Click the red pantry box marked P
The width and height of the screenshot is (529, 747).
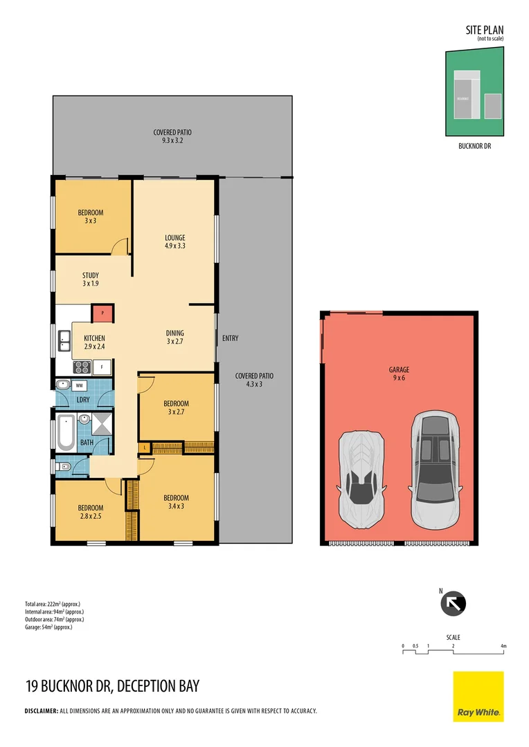click(102, 313)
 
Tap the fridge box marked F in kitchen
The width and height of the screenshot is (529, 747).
click(102, 367)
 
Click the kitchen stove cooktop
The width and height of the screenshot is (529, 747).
click(82, 367)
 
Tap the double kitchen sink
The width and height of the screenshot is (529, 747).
click(64, 339)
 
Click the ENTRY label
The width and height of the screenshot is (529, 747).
click(230, 338)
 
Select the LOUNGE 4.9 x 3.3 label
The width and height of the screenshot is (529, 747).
click(174, 241)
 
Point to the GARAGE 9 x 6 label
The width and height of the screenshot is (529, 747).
click(399, 374)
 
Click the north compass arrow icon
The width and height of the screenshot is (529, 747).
click(454, 604)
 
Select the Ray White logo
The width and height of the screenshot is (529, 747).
click(478, 697)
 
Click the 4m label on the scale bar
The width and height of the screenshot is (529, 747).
click(503, 646)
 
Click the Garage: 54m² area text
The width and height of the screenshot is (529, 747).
click(48, 627)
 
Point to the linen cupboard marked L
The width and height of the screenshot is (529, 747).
click(144, 448)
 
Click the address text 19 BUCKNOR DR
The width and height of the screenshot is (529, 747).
click(68, 686)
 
